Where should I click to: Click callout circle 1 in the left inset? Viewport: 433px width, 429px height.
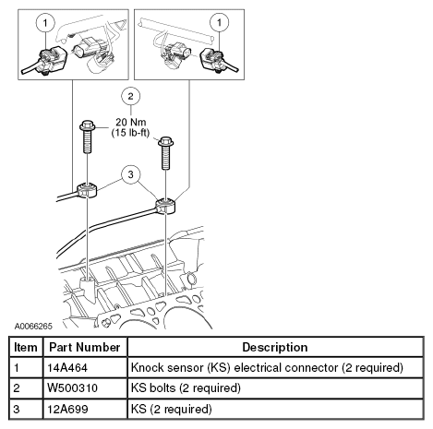(x=45, y=23)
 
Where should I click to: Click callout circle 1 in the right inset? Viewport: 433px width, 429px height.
(x=219, y=22)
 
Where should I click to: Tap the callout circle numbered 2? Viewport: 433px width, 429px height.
(x=131, y=96)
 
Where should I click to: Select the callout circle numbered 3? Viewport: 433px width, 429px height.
(x=131, y=174)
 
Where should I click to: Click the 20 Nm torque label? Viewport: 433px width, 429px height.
(x=131, y=122)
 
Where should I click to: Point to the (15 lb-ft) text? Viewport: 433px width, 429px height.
(x=130, y=133)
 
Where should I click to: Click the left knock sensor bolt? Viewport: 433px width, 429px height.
(x=88, y=137)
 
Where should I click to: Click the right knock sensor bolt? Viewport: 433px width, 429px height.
(x=166, y=153)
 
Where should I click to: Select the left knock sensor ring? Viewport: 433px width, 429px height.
(x=87, y=189)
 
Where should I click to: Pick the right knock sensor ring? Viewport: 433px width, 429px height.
(x=165, y=206)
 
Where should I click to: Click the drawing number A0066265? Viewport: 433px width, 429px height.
(x=33, y=326)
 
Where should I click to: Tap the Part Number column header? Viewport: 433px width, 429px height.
(x=85, y=347)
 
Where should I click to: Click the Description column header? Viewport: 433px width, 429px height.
(x=275, y=347)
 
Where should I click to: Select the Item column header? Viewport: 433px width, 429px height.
(x=26, y=347)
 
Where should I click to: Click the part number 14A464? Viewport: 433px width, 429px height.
(x=67, y=367)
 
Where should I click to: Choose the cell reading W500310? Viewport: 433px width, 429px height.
(x=72, y=387)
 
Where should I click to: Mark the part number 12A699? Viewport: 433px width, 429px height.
(x=67, y=409)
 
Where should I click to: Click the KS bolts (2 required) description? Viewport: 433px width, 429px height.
(x=186, y=388)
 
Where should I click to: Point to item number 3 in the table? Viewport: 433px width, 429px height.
(x=17, y=409)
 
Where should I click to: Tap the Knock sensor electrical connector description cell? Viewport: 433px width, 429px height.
(x=267, y=368)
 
